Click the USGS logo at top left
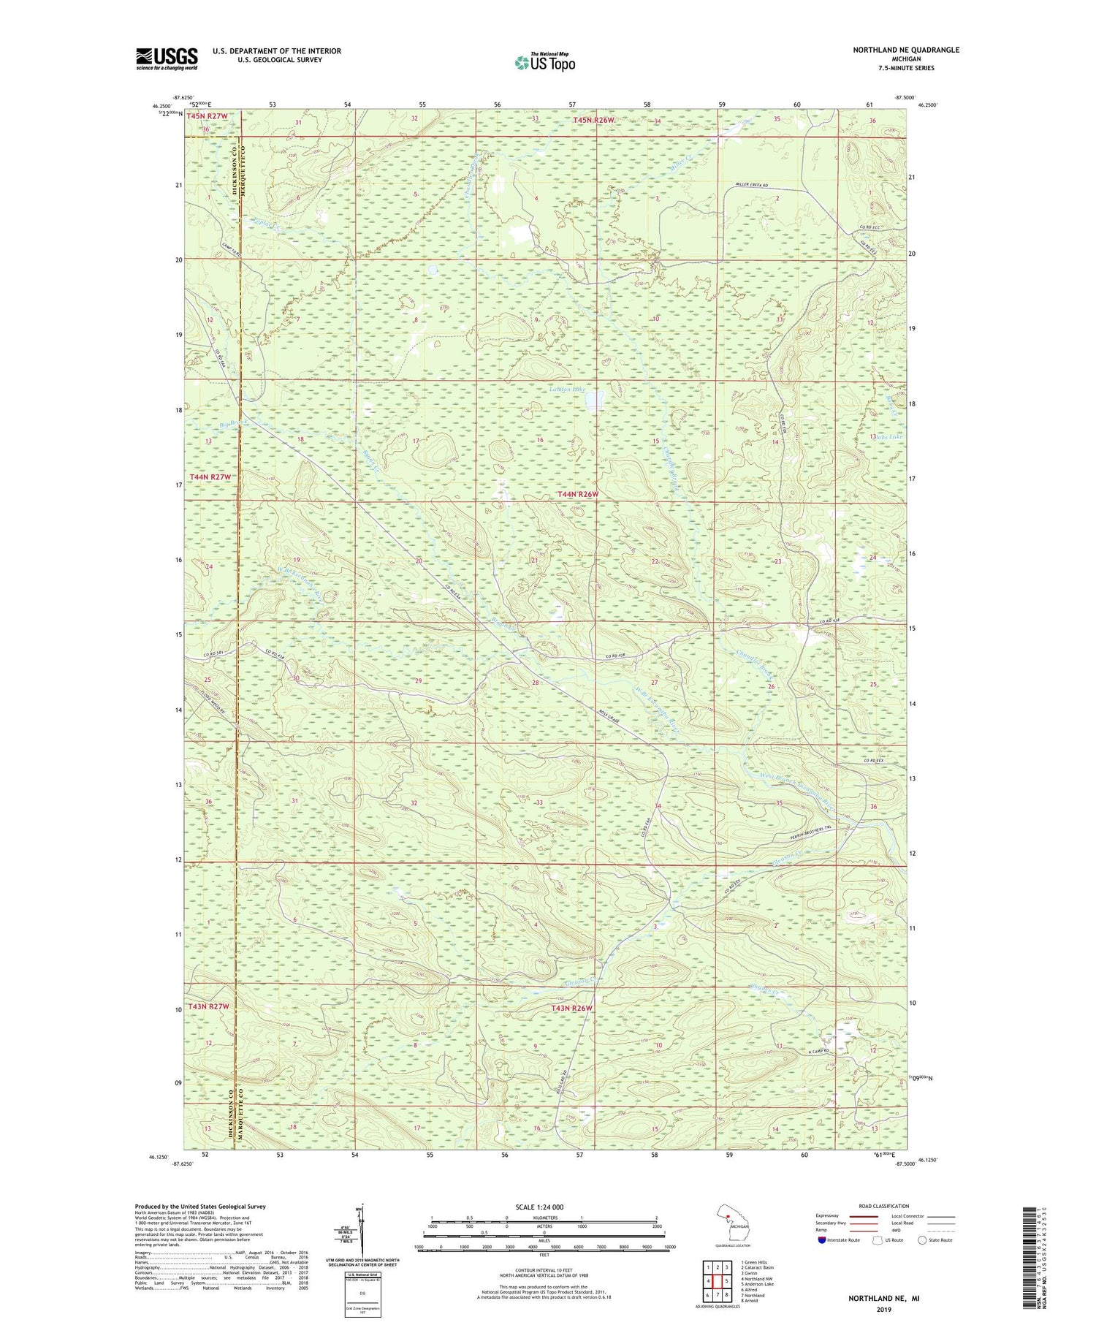[167, 58]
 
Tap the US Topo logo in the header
[544, 62]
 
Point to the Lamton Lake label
[567, 391]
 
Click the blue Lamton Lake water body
[597, 399]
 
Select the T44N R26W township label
[577, 495]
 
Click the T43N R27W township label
[208, 1006]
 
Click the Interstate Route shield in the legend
[821, 1240]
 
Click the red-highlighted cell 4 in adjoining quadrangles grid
[708, 1281]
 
